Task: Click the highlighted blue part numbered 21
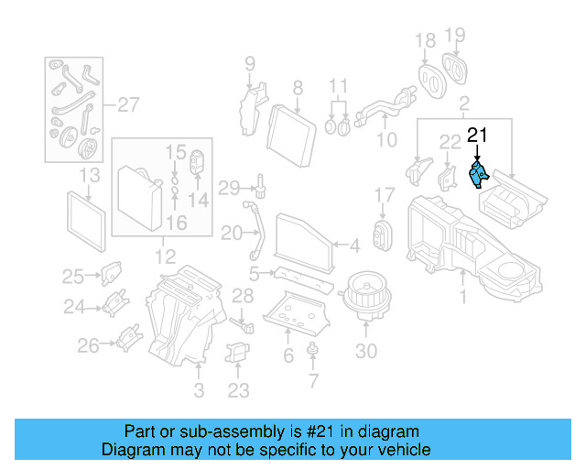click(478, 173)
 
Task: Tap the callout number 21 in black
click(477, 136)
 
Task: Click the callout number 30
click(366, 351)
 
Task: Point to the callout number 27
click(129, 104)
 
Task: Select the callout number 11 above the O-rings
click(339, 85)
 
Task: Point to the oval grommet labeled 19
click(456, 68)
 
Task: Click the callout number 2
click(464, 103)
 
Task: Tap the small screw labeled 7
click(313, 349)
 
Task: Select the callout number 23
click(237, 390)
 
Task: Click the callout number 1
click(462, 296)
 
